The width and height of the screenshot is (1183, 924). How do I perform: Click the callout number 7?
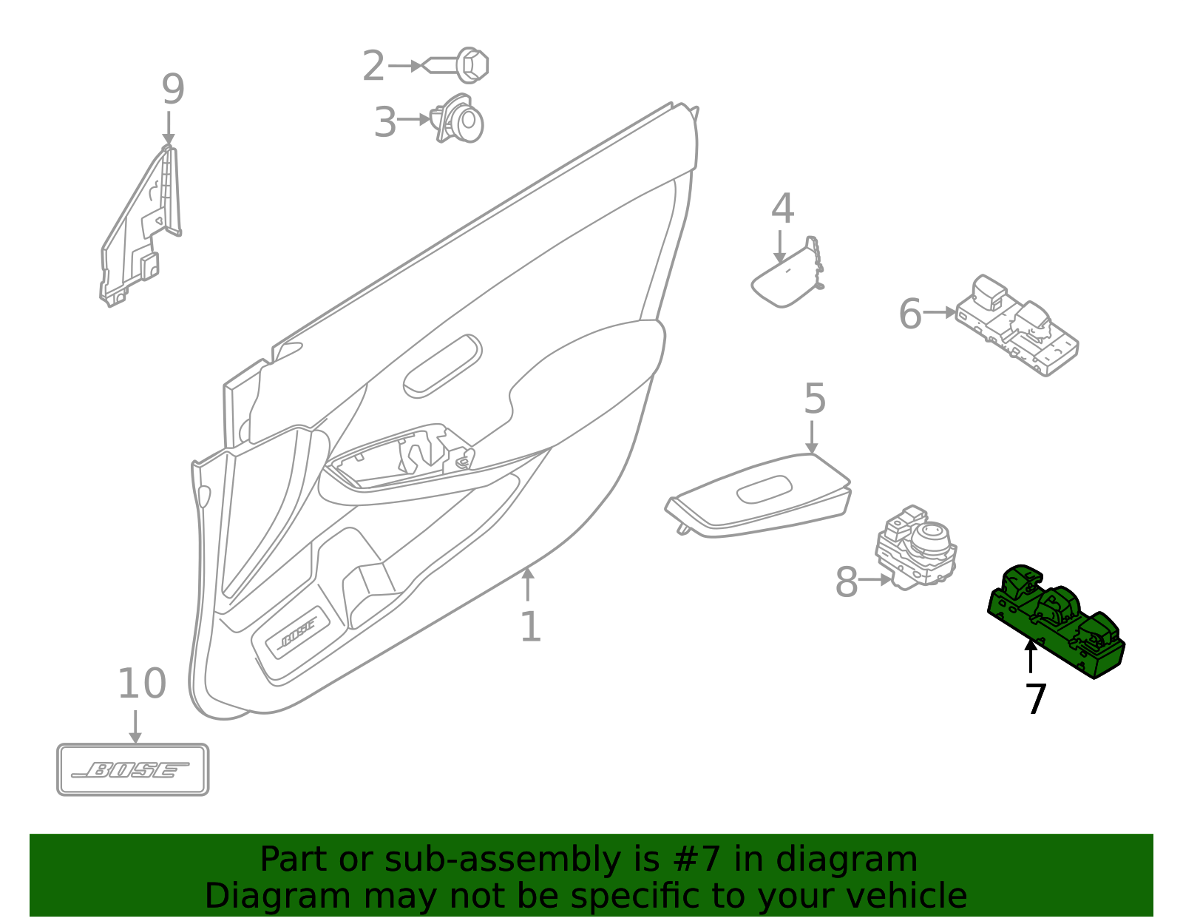click(1036, 699)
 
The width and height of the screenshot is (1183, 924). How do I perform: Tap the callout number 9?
click(172, 90)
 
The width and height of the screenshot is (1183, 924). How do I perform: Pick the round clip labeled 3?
click(461, 121)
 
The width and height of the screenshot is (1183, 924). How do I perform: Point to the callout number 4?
click(782, 209)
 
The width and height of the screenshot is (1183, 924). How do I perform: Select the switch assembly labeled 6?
click(1017, 326)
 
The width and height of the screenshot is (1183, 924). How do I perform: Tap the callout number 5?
click(814, 399)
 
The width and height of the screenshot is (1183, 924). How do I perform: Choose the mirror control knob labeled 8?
click(917, 548)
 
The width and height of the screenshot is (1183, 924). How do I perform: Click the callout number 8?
click(847, 582)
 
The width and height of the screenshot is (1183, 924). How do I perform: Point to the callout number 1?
click(530, 627)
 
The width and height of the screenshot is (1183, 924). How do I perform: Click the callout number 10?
click(142, 684)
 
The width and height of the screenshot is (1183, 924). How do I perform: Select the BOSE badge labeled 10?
click(133, 769)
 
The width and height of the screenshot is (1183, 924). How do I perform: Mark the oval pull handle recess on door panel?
click(442, 366)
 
